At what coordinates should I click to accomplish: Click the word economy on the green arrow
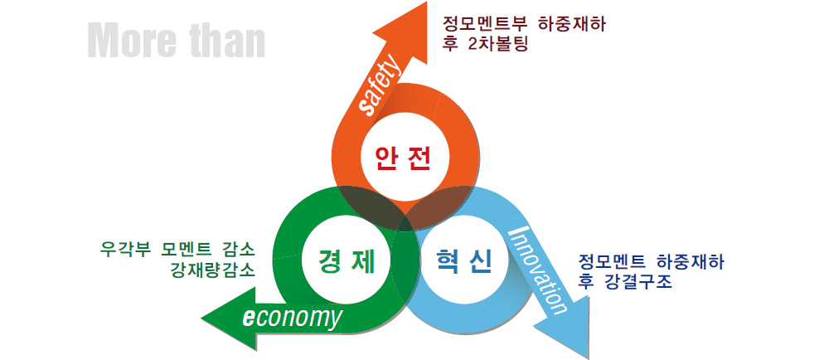[x=292, y=318]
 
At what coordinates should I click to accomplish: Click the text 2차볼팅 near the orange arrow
[x=498, y=43]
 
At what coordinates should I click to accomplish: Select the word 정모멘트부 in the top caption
[x=482, y=24]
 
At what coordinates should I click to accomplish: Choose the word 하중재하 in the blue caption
[x=690, y=262]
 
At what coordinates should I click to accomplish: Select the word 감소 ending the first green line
[x=239, y=248]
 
